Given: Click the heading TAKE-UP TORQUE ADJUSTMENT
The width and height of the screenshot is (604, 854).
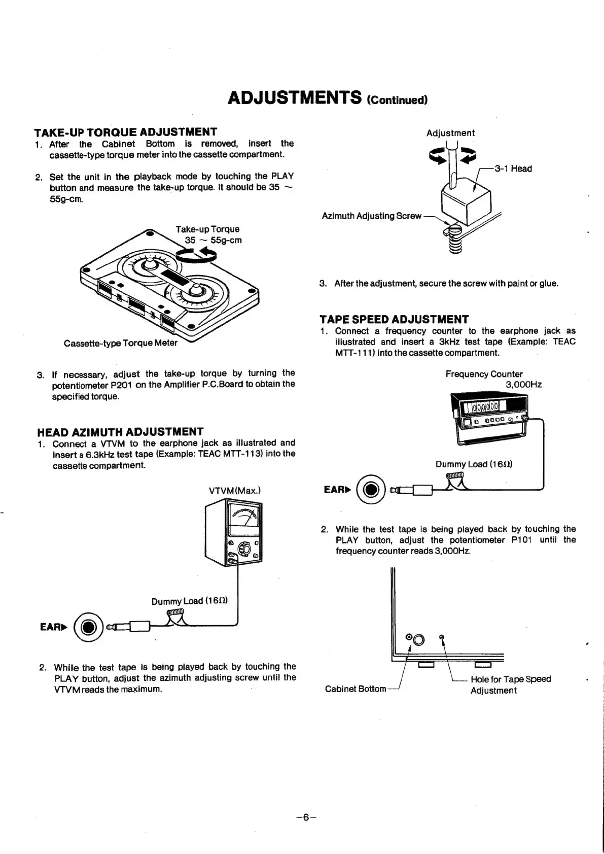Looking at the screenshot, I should [x=125, y=132].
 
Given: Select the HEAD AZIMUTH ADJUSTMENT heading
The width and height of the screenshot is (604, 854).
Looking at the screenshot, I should [x=120, y=432].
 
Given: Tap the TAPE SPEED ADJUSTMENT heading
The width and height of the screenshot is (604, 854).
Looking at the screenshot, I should [x=394, y=319].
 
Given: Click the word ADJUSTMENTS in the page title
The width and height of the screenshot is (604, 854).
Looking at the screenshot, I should [x=295, y=97].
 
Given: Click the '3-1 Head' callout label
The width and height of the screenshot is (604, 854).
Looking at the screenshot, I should [x=513, y=169].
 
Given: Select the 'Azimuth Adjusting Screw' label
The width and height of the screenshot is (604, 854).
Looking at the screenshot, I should [x=371, y=216].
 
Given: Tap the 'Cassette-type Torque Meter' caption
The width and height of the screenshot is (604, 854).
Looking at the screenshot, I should [x=121, y=343].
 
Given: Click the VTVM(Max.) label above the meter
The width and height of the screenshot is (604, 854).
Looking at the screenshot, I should [x=235, y=491].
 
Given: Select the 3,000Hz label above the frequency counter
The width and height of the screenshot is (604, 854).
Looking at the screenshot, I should [x=524, y=385].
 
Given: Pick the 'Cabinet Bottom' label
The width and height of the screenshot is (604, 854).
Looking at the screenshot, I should [x=355, y=689].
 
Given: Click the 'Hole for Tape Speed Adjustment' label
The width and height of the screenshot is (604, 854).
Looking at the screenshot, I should [x=510, y=685].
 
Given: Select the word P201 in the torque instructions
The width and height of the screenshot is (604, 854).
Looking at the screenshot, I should [x=121, y=385].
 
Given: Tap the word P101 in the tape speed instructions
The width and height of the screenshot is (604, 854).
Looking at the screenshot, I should [x=521, y=540].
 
